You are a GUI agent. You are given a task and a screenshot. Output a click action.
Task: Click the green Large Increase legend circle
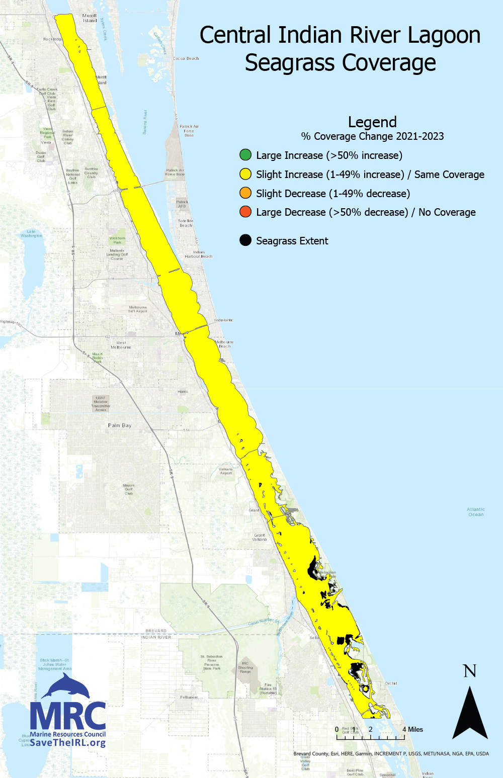(x=245, y=155)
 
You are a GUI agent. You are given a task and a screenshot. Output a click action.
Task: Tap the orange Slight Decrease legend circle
(x=245, y=193)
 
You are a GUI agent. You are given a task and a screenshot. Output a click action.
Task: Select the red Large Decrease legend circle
(x=245, y=212)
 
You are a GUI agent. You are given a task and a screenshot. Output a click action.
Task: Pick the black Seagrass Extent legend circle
(x=245, y=240)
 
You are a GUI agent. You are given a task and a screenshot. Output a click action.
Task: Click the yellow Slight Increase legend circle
(x=245, y=174)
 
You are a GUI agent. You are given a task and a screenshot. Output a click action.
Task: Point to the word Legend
(x=372, y=122)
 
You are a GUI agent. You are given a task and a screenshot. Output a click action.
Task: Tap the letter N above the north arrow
(x=470, y=671)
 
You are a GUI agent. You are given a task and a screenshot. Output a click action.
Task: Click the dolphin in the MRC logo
(x=65, y=686)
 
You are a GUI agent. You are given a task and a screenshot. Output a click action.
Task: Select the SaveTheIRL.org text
(x=67, y=743)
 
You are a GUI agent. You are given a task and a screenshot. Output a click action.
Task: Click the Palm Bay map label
(x=120, y=425)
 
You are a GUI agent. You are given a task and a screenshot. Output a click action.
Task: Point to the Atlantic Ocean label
(x=476, y=512)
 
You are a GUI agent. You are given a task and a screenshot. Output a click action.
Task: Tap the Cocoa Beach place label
(x=186, y=59)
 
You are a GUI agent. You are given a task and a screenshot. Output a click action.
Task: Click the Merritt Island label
(x=90, y=18)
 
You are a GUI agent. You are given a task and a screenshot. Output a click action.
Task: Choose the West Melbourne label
(x=121, y=345)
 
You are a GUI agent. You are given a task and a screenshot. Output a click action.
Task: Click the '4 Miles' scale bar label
(x=412, y=729)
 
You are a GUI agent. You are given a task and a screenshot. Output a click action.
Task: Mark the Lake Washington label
(x=32, y=233)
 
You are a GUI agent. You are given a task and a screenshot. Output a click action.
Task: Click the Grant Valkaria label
(x=260, y=537)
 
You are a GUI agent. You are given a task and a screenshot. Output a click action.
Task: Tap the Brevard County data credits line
(x=391, y=753)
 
